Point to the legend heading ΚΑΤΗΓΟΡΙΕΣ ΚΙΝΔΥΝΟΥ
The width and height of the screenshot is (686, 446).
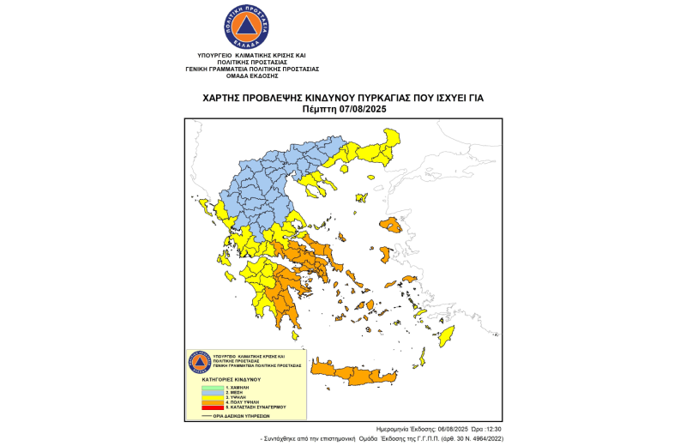(x=232, y=378)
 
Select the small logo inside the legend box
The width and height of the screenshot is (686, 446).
(x=199, y=361)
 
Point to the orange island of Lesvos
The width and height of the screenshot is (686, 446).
(x=393, y=226)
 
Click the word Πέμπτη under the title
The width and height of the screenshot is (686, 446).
(x=320, y=110)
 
